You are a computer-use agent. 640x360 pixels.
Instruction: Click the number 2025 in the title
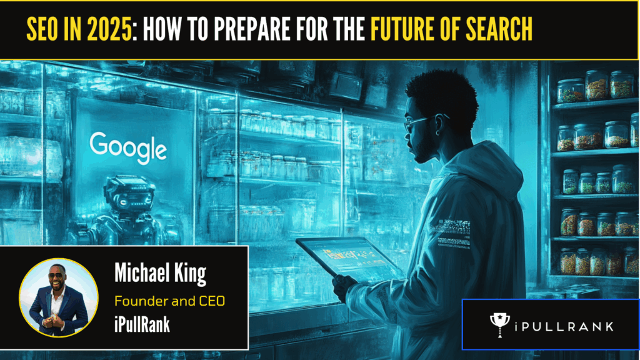(109, 29)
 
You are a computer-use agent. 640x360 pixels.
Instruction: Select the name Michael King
(160, 272)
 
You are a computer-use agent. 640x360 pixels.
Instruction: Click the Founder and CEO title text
(170, 301)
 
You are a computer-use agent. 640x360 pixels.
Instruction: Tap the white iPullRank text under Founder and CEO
(142, 324)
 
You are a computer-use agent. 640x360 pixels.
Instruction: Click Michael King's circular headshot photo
(59, 297)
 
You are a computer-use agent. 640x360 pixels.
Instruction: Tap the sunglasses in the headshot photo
(56, 276)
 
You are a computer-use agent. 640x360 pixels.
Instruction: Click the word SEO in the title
(42, 29)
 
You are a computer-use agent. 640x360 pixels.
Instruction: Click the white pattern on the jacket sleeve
(454, 233)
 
